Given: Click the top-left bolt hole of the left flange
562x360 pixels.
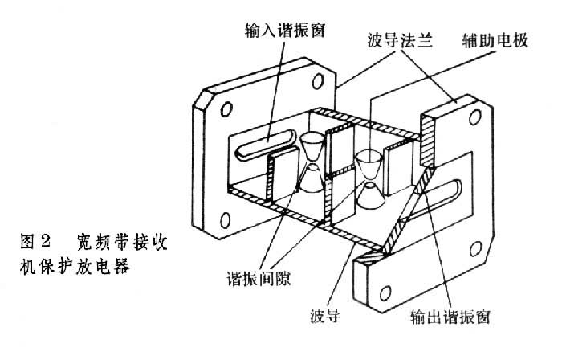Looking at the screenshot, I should [x=226, y=109].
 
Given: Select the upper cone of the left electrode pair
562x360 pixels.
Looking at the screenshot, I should [x=312, y=145].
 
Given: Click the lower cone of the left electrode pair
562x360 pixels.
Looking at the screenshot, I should [x=309, y=181].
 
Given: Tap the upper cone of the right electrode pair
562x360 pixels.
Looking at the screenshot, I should [x=369, y=165].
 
